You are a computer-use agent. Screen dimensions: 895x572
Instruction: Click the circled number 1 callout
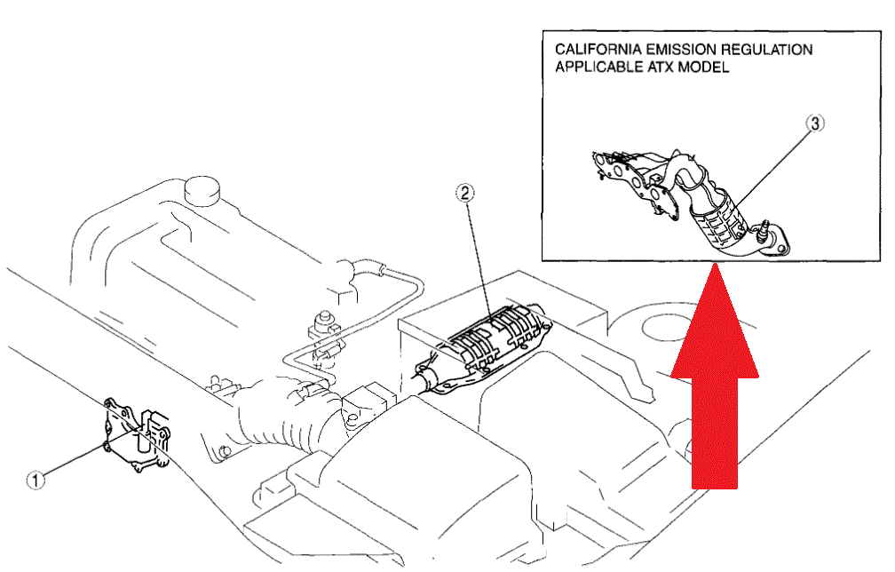(36, 481)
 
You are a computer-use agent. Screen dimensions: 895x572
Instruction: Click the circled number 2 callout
(465, 194)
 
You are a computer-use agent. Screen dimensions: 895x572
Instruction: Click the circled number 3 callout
(815, 123)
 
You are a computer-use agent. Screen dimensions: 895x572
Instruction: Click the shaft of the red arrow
(715, 433)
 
